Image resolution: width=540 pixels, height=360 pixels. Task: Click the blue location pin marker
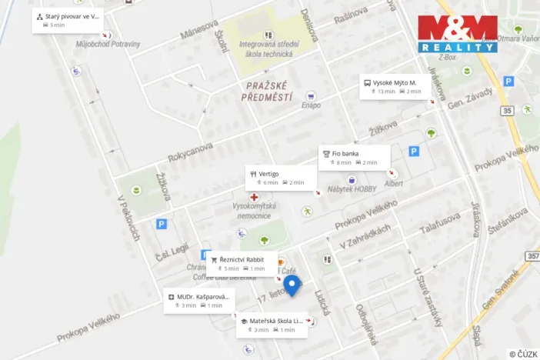(292, 286)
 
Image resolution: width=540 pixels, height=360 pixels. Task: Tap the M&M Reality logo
(457, 34)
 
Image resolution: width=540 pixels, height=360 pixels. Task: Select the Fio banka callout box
(354, 157)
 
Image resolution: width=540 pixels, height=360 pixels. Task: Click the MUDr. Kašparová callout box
(198, 300)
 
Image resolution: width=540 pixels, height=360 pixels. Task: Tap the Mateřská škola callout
(272, 325)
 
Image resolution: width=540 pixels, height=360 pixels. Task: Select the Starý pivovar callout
(67, 20)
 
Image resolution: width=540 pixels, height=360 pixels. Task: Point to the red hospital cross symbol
(253, 198)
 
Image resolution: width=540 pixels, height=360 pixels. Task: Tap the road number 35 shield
(507, 111)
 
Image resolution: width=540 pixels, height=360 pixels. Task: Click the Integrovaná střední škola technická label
(266, 49)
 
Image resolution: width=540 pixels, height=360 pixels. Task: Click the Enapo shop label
(312, 105)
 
